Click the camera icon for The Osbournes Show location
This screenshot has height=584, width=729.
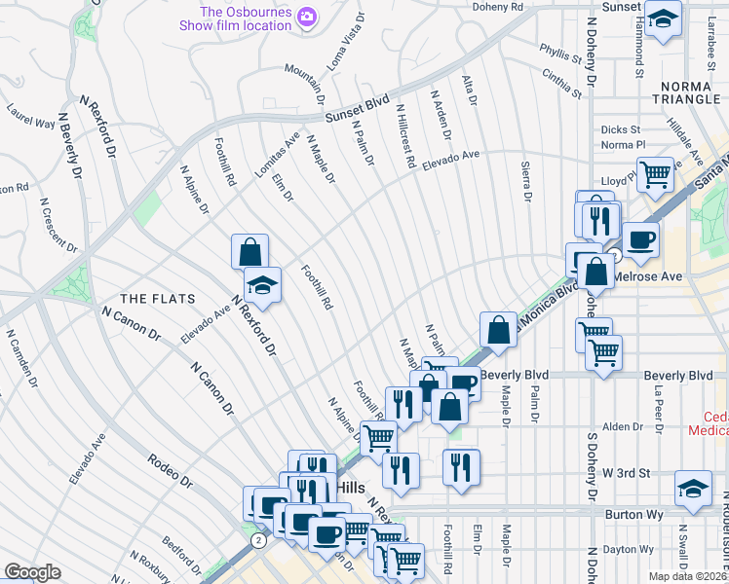[307, 17]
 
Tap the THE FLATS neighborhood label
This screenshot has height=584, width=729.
[157, 298]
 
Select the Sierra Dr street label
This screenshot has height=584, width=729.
[526, 181]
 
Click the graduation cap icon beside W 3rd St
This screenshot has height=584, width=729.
[693, 488]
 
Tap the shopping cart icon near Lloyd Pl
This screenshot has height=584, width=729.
[656, 175]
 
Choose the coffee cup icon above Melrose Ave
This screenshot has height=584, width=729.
[640, 239]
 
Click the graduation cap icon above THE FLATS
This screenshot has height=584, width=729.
[262, 284]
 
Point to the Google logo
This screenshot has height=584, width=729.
[32, 572]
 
